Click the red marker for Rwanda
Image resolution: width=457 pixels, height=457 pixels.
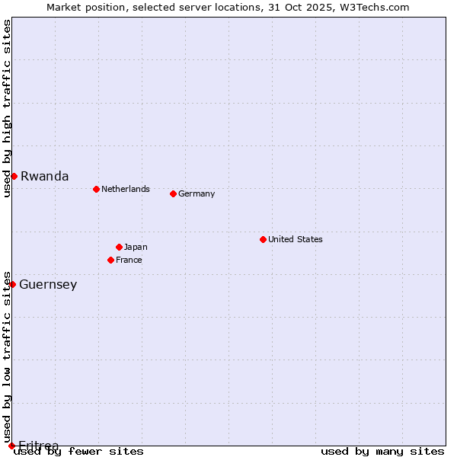(x=14, y=176)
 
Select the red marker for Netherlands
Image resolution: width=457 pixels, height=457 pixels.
(x=96, y=189)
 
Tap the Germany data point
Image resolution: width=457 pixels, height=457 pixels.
(x=173, y=193)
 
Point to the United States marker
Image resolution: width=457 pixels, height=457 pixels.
(x=263, y=239)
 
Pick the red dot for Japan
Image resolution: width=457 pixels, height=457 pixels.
(x=119, y=247)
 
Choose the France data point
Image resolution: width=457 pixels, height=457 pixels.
(x=110, y=260)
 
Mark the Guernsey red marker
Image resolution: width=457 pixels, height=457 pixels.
(x=12, y=284)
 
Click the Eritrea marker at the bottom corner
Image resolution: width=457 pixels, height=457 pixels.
(x=11, y=446)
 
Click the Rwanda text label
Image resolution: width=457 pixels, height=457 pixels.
(x=44, y=176)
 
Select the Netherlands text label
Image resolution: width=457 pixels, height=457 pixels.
(x=126, y=189)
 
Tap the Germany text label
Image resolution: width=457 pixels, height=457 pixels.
(x=197, y=193)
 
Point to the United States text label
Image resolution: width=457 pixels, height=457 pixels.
(x=296, y=239)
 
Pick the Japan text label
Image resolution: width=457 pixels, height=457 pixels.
(x=136, y=247)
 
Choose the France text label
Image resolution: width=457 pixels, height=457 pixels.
(x=129, y=260)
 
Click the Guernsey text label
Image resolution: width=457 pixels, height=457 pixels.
(x=48, y=285)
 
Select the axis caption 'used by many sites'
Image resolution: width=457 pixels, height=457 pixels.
(x=382, y=451)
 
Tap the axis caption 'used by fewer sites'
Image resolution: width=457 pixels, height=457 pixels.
(x=79, y=451)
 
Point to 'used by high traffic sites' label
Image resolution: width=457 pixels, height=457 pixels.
(x=7, y=108)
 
